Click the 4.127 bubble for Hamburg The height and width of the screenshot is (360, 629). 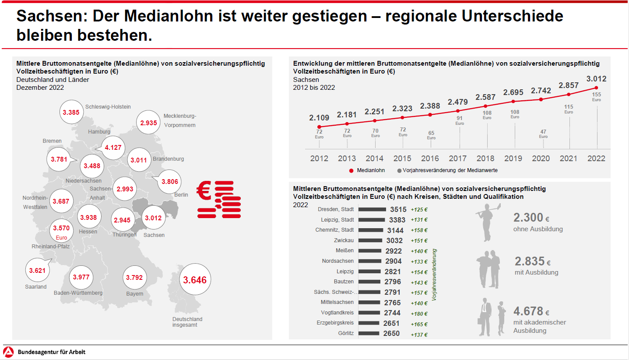(113, 148)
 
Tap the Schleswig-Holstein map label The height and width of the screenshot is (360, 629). (108, 106)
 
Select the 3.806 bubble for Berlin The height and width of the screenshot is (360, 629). (169, 181)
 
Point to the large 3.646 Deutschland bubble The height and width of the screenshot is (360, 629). (195, 280)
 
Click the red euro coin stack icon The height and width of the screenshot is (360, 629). (219, 199)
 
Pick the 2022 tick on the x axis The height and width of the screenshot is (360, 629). (597, 158)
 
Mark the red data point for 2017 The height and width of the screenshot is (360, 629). (458, 111)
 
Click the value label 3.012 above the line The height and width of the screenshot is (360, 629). (597, 79)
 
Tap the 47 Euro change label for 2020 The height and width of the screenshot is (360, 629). (543, 134)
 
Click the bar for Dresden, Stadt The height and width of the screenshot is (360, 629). (372, 209)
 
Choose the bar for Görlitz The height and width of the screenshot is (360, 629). (369, 333)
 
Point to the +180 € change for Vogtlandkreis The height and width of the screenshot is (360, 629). (419, 314)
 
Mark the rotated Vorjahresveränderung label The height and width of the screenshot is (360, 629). (435, 274)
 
